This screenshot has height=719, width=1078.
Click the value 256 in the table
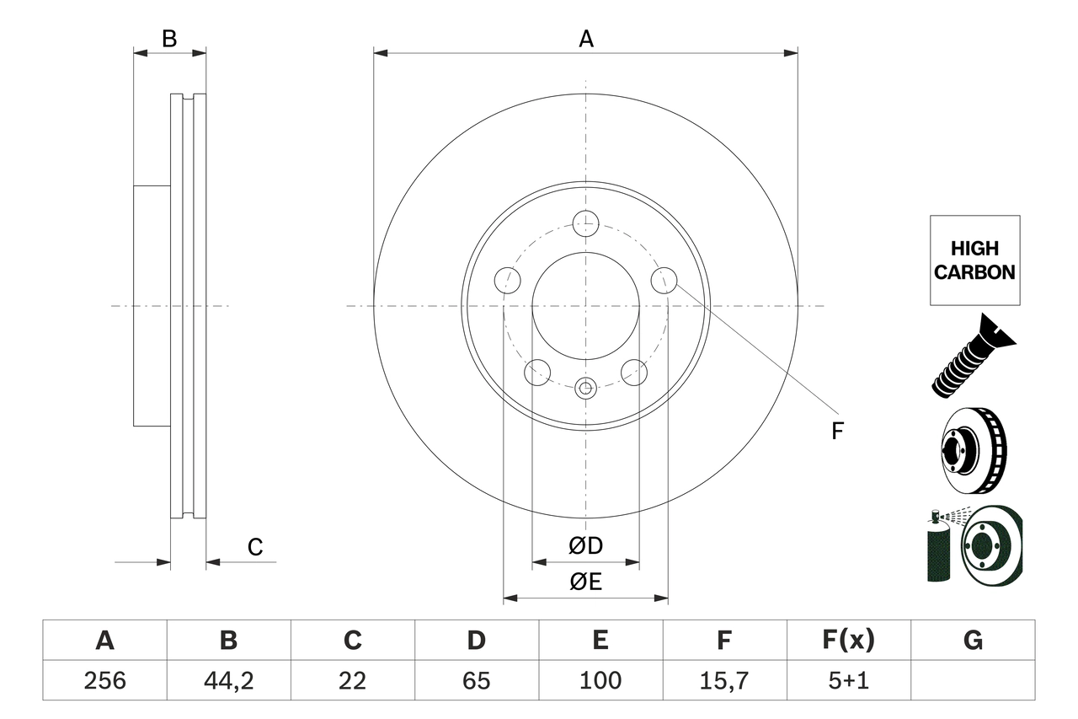[x=104, y=680]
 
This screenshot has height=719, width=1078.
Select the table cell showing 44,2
[x=228, y=680]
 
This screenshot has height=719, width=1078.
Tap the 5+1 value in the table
[x=848, y=680]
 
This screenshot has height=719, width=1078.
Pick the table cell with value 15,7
[x=723, y=680]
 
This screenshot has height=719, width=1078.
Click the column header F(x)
[x=848, y=641]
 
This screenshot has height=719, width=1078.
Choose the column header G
[x=973, y=641]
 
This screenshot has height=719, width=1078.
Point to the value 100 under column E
[x=600, y=680]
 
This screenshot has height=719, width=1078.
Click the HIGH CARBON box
[x=974, y=260]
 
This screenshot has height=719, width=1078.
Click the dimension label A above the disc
[x=585, y=39]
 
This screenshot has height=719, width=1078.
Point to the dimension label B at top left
[x=169, y=39]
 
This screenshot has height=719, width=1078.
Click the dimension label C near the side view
[x=255, y=547]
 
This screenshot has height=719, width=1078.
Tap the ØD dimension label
[x=585, y=546]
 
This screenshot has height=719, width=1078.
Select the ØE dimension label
[x=585, y=582]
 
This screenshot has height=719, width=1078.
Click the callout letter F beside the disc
[x=836, y=432]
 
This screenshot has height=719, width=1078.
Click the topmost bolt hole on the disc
[x=585, y=224]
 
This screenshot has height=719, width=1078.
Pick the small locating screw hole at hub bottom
[x=585, y=388]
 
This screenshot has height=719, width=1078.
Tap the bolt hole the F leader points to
[x=664, y=280]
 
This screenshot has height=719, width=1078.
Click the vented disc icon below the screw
[x=973, y=451]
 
